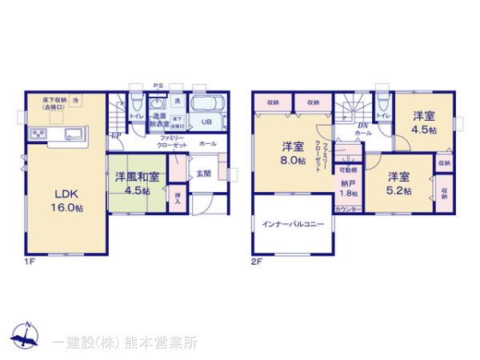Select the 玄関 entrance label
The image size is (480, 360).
[x=204, y=173]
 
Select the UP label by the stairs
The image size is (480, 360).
[x=116, y=135]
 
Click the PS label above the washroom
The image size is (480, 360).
[x=159, y=86]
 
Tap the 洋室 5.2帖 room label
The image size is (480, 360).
[x=399, y=183]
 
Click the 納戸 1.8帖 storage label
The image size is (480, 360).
[x=346, y=188]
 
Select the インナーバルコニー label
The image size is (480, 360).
[x=292, y=225]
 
